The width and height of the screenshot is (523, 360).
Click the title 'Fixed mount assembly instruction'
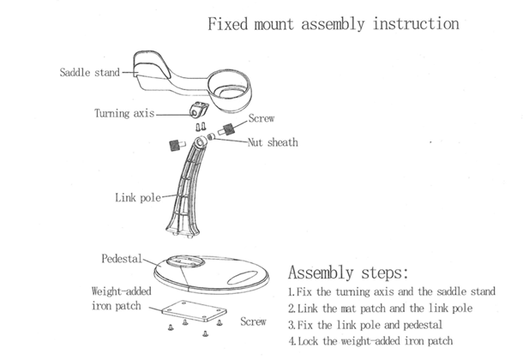[334, 23]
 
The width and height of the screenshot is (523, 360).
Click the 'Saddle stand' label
[89, 73]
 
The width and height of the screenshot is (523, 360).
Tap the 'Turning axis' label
[123, 113]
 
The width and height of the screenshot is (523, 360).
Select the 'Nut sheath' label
[273, 142]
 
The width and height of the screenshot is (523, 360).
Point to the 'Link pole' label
[138, 198]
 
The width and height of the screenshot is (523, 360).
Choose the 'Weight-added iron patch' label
[119, 298]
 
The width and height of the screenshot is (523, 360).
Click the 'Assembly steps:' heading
[359, 273]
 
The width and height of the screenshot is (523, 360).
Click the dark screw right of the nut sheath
[229, 130]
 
